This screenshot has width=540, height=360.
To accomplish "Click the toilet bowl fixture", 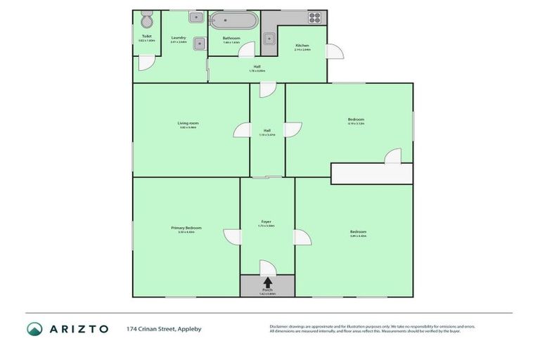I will click(147, 20).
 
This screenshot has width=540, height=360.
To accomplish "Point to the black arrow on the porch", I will click(267, 282).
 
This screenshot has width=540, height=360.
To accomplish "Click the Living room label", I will click(188, 123).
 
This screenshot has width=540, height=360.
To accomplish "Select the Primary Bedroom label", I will click(186, 228).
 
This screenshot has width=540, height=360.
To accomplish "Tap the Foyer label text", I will click(266, 221).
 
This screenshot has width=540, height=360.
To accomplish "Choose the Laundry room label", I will click(178, 38).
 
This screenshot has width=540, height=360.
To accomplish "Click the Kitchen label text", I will click(302, 46).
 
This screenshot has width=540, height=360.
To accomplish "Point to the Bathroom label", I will click(231, 38).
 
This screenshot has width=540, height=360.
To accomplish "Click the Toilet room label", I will click(146, 36).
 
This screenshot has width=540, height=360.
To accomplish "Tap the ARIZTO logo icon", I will click(34, 328).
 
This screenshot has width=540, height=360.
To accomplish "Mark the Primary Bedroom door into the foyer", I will click(232, 237).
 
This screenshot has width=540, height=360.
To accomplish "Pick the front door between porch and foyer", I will click(268, 268).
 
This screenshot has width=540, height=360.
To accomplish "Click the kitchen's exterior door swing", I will click(335, 51).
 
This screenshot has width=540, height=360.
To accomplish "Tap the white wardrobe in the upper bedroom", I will click(371, 174).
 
